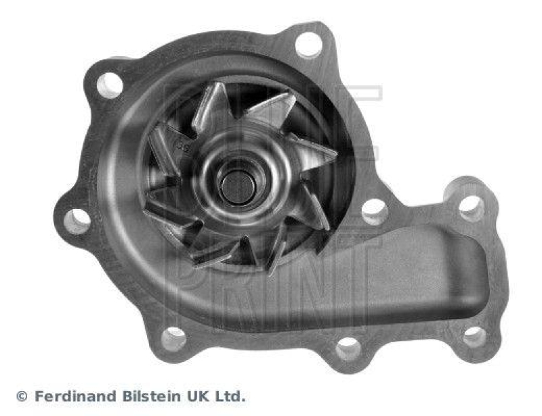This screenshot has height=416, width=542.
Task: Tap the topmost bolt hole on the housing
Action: (x=308, y=45)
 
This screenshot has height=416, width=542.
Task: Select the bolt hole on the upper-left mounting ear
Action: (x=110, y=85)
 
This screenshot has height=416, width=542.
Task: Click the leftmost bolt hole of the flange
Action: (x=77, y=220)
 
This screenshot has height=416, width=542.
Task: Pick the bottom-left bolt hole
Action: (x=173, y=338)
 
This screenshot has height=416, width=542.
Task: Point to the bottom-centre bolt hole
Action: (x=348, y=348)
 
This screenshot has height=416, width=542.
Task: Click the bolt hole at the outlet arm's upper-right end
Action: (x=472, y=207)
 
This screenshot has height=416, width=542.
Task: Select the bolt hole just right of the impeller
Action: (x=374, y=211)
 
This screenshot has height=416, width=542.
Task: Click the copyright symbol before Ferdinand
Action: (x=21, y=396)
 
